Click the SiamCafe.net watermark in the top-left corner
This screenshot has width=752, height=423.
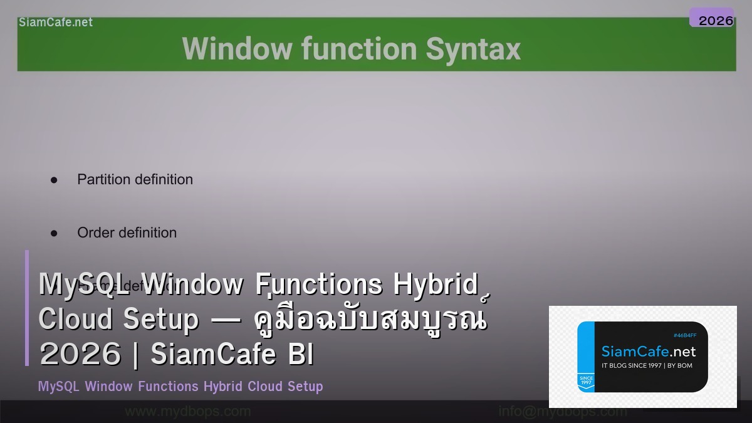(x=56, y=23)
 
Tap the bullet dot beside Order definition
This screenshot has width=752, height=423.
(x=54, y=233)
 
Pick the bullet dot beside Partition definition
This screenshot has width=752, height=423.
(x=54, y=180)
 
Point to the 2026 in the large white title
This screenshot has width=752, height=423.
(x=80, y=354)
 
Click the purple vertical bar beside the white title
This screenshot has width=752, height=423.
(x=27, y=308)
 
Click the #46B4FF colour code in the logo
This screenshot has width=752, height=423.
(x=684, y=335)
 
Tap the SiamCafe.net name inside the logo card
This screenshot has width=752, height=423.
(x=648, y=351)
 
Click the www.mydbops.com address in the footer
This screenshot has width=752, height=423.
(x=187, y=412)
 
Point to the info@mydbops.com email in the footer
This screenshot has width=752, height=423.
(x=562, y=412)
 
